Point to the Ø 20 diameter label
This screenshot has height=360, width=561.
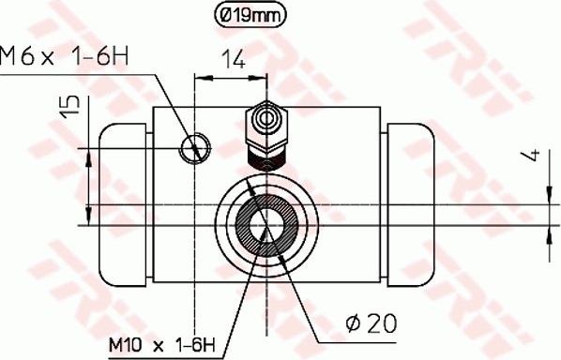tap(371, 322)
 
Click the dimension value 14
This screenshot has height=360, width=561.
tap(232, 62)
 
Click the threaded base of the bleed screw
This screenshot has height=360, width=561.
tap(264, 154)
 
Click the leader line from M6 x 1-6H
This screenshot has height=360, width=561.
tap(169, 107)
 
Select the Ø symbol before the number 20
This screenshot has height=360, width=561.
tap(352, 322)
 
